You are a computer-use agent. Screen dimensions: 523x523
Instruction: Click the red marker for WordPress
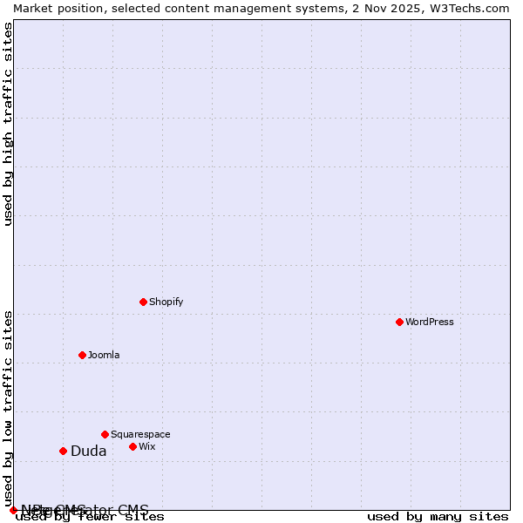[x=399, y=322]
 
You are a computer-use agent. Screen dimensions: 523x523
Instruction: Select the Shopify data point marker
[x=143, y=302]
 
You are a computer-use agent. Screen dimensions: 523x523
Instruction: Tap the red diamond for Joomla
[x=82, y=355]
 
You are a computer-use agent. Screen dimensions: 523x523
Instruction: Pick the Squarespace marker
[x=105, y=434]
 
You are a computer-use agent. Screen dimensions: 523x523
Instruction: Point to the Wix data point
[x=132, y=446]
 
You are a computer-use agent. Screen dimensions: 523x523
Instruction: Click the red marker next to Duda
[x=63, y=451]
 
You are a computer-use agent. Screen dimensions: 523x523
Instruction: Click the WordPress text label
[x=430, y=322]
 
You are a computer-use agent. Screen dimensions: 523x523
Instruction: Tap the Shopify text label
[x=166, y=302]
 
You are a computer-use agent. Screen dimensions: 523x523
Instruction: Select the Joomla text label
[x=104, y=355]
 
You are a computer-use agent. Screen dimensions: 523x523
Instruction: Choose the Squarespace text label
[x=140, y=434]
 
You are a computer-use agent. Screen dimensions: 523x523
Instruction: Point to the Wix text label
[x=147, y=446]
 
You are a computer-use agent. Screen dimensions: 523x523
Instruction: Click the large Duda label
[x=89, y=451]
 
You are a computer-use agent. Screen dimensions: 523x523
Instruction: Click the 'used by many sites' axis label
[x=438, y=517]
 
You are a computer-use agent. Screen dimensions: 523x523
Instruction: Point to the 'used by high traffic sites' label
[x=8, y=124]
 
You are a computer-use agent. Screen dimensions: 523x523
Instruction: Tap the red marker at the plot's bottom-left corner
[x=13, y=510]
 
